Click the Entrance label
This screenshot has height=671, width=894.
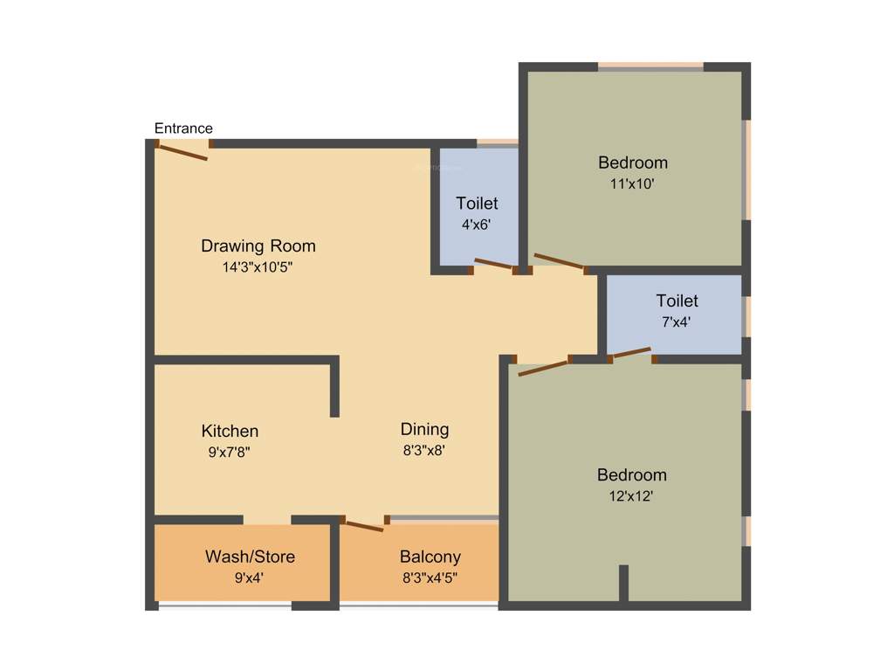coord(183,128)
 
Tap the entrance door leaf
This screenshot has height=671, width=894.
coord(182,152)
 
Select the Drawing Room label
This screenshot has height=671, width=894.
coord(258,246)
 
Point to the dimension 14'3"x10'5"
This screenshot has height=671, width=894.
coord(258,267)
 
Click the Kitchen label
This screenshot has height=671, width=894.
coord(230,431)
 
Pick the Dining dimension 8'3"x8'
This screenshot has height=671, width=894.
coord(424,452)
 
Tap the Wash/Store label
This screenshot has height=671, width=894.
coord(250,557)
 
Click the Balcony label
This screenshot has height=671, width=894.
coord(430,557)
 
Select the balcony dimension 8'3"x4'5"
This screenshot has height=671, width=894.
coord(430,578)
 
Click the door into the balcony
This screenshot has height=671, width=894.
coord(364,525)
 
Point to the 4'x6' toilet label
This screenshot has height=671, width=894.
coord(477,204)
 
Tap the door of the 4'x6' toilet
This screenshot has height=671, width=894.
coord(494,265)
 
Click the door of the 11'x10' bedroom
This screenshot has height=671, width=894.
coord(559,261)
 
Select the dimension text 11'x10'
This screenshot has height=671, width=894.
coord(632,184)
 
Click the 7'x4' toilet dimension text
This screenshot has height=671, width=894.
coord(677,322)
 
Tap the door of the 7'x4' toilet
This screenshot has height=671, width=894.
coord(631,353)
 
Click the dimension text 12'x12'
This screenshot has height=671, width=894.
coord(631,496)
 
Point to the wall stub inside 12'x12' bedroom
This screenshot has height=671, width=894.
coord(623,583)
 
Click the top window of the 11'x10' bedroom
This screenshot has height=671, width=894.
coord(650,66)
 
